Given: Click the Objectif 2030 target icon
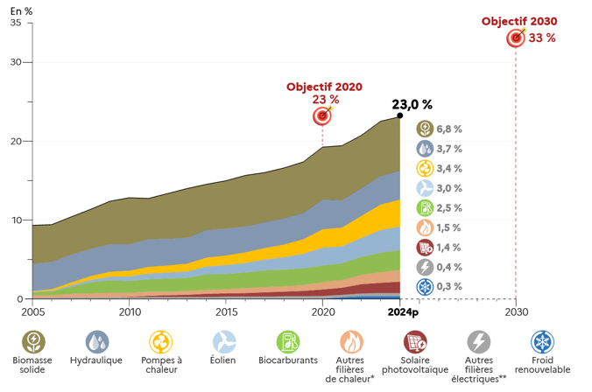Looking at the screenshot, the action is click(516, 38).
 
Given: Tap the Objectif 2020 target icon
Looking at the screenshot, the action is click(322, 115).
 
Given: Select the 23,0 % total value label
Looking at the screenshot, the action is click(412, 104).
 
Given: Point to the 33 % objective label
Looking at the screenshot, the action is click(542, 38).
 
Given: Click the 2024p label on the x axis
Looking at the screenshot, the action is click(403, 312).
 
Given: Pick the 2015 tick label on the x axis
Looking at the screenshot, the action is click(226, 312).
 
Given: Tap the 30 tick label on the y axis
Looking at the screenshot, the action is click(16, 62).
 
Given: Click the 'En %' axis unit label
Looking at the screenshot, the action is click(21, 11).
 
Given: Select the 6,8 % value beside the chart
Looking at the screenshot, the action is click(449, 129).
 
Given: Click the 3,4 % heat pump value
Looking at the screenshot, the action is click(449, 168).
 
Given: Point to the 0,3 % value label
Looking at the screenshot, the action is click(449, 286).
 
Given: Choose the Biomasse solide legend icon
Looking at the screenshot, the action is click(33, 342).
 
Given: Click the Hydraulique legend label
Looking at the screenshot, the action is click(96, 360).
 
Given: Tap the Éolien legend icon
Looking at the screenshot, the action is click(224, 342).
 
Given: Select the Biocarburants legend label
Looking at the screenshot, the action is click(288, 360).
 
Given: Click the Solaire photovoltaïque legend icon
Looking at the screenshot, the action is click(415, 342).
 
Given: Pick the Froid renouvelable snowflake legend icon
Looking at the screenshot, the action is click(543, 342).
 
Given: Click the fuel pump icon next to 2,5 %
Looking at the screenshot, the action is click(425, 208).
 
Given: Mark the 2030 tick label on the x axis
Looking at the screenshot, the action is click(517, 312).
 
